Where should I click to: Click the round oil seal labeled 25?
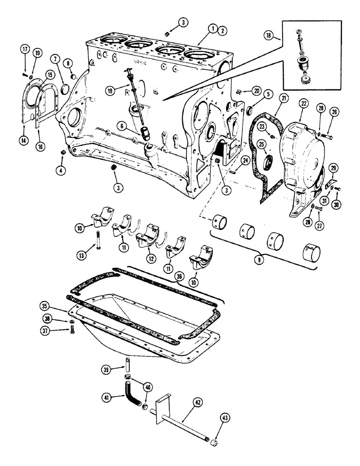pos(270,164)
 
